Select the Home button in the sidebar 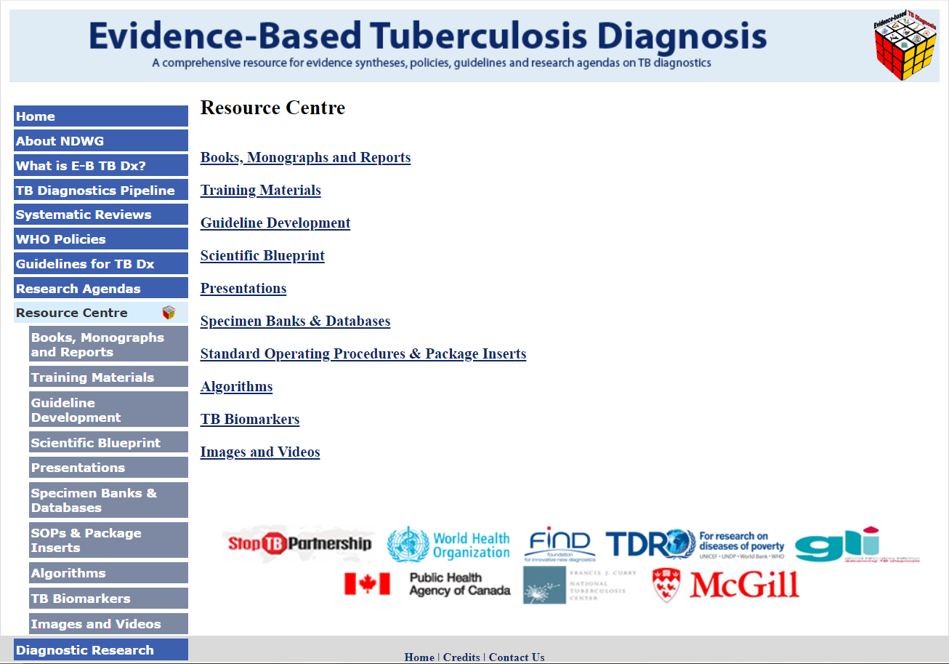tap(100, 116)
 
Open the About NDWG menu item tap(100, 141)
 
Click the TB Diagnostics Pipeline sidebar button tap(100, 191)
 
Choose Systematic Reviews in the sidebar tap(100, 215)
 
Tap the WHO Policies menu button tap(100, 239)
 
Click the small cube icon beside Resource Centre tap(169, 313)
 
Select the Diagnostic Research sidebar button tap(100, 650)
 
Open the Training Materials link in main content tap(260, 191)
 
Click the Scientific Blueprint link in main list tap(262, 256)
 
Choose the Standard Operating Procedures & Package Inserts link tap(363, 354)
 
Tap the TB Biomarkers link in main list tap(249, 420)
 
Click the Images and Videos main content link tap(259, 452)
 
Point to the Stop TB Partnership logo tap(299, 543)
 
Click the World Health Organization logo tap(448, 545)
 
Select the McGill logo tap(727, 585)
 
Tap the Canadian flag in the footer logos tap(367, 584)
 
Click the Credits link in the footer tap(461, 657)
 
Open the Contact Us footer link tap(516, 657)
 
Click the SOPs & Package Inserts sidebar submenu tap(108, 540)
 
